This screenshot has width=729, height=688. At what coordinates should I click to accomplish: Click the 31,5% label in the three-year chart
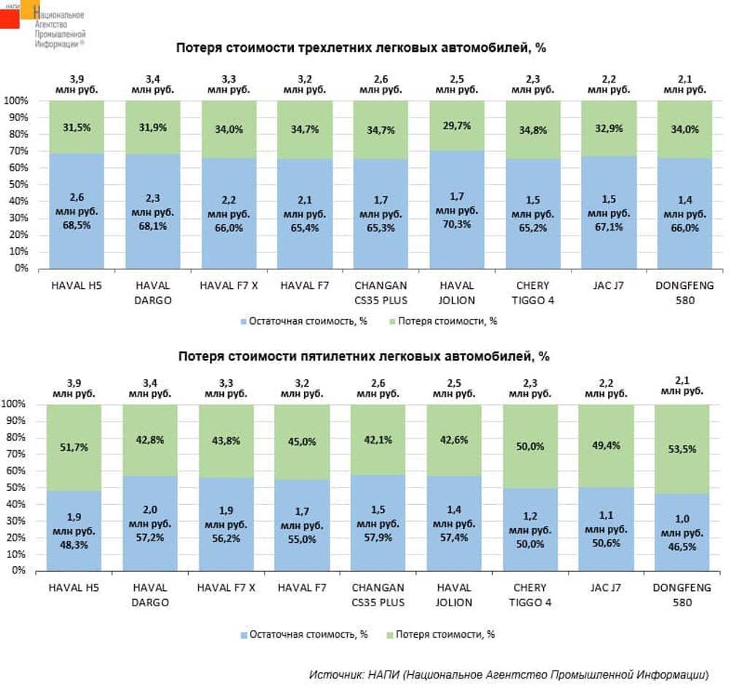(x=77, y=128)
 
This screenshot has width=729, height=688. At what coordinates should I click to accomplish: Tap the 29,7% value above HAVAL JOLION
(x=456, y=126)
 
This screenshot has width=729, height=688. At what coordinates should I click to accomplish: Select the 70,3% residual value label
(x=456, y=224)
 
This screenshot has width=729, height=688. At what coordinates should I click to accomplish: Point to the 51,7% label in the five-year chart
(x=74, y=447)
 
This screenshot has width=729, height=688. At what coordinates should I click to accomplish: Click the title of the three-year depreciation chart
(x=361, y=48)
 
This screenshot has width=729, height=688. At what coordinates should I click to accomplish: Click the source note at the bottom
(x=508, y=673)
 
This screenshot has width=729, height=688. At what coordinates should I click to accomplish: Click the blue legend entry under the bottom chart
(x=303, y=635)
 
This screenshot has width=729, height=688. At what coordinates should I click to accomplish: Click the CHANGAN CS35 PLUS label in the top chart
(x=381, y=293)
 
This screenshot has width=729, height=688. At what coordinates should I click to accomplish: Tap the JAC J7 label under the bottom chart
(x=606, y=587)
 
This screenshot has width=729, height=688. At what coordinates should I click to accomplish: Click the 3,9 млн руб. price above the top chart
(x=77, y=83)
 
